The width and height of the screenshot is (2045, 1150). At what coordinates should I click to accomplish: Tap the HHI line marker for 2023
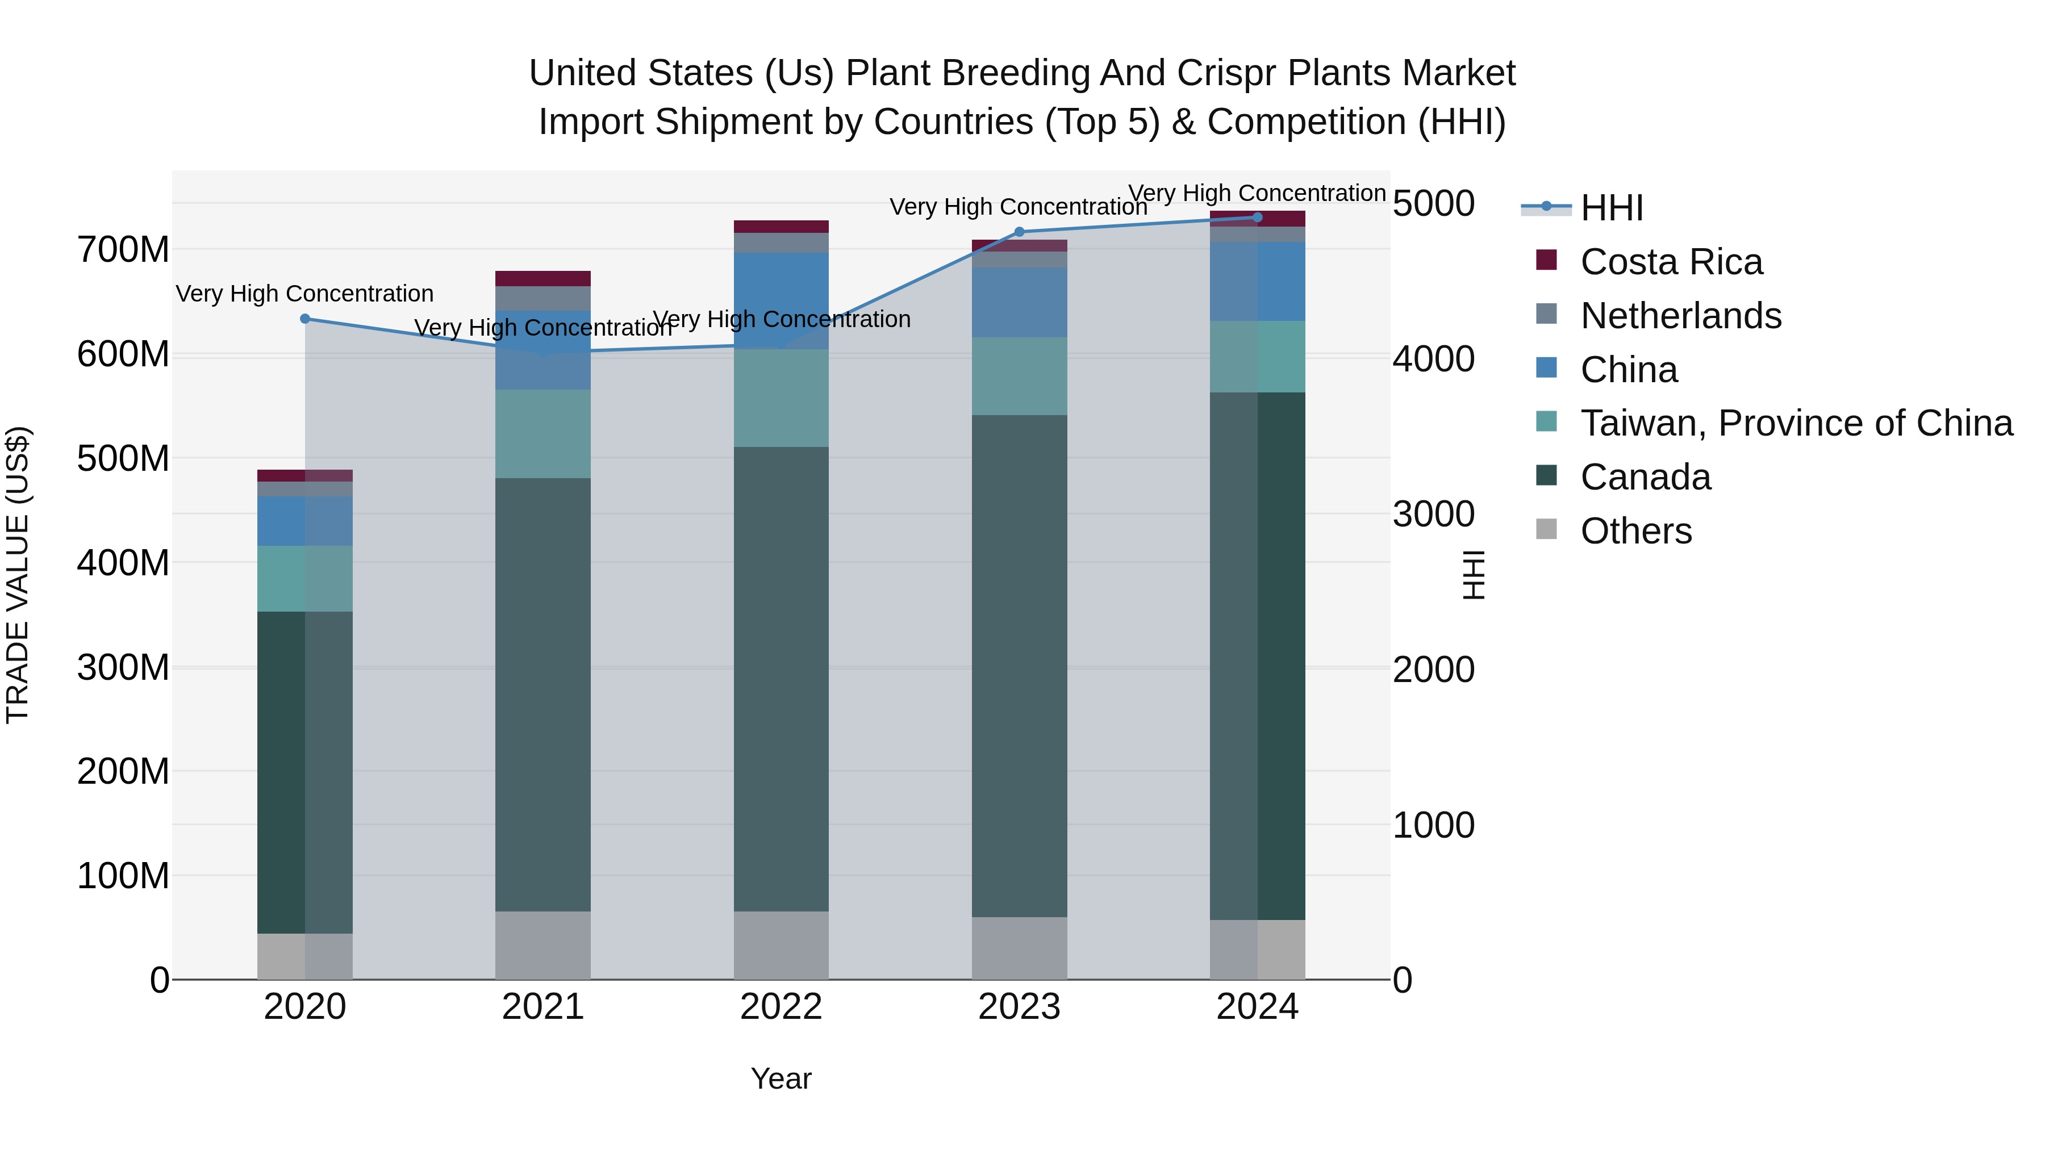coord(1019,232)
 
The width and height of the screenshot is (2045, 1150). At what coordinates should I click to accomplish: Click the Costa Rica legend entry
coord(1671,262)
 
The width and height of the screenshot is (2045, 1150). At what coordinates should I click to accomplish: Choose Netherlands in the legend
coord(1681,316)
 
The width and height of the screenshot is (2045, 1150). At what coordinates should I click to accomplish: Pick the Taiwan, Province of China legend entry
coord(1796,423)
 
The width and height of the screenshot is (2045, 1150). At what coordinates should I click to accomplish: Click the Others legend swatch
coord(1546,529)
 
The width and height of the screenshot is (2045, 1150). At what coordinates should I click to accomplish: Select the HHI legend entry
coord(1612,208)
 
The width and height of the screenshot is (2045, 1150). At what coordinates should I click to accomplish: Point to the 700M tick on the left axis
coord(123,250)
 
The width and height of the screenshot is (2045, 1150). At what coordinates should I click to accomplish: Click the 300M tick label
coord(123,667)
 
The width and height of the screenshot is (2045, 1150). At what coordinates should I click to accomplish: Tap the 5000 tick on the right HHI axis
coord(1434,203)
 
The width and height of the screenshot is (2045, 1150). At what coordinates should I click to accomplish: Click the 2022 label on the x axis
coord(781,1007)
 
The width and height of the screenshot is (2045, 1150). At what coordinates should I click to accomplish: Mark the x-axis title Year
coord(781,1078)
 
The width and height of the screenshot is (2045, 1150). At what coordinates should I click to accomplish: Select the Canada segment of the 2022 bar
coord(781,679)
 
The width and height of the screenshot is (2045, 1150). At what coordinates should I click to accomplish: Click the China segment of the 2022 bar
coord(781,300)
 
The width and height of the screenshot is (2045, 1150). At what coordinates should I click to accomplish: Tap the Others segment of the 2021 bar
coord(543,945)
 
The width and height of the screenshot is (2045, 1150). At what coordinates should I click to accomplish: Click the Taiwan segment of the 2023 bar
coord(1019,376)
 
